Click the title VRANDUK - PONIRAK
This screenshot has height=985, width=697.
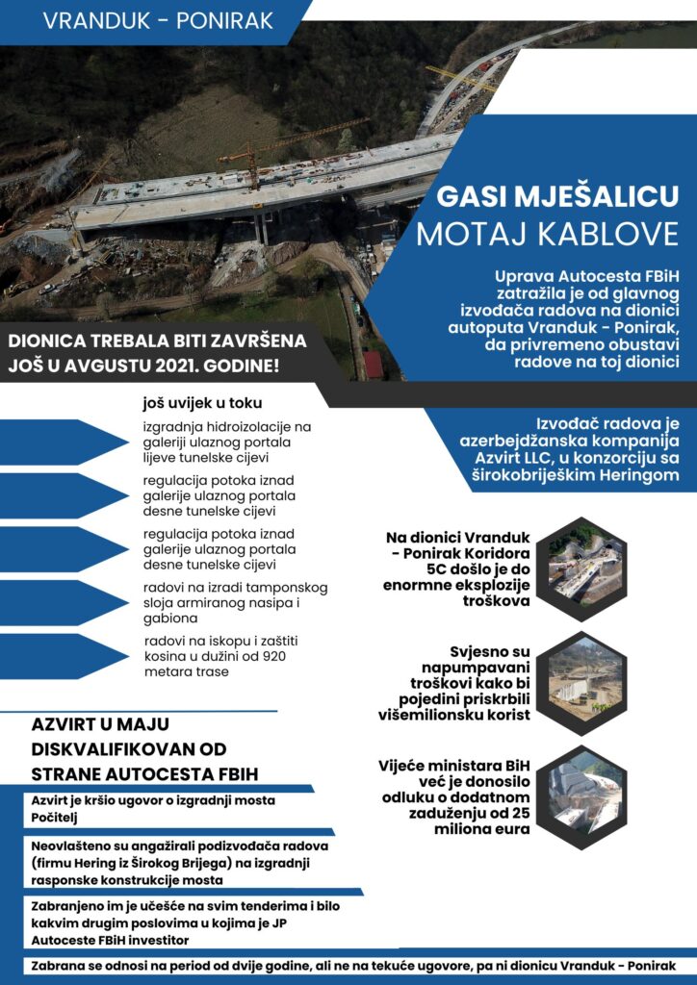click(x=158, y=19)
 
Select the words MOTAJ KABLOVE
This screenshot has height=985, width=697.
click(x=547, y=233)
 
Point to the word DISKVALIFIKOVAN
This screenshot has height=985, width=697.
click(x=101, y=748)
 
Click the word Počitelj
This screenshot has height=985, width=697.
click(x=56, y=818)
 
